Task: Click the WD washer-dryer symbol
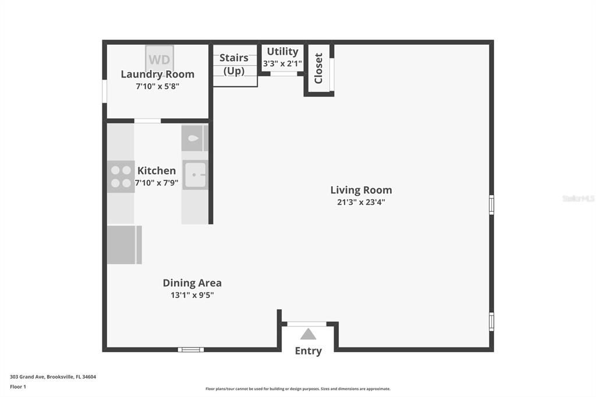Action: click(x=159, y=59)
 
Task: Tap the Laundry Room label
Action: click(x=157, y=74)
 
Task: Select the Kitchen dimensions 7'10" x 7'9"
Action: click(x=157, y=182)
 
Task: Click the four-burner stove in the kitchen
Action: click(x=120, y=176)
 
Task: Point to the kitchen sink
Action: click(x=194, y=175)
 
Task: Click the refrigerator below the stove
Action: click(x=124, y=244)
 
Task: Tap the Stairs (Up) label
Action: click(x=234, y=64)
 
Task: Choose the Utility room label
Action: click(x=282, y=51)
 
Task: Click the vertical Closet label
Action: click(x=318, y=68)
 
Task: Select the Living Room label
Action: click(x=361, y=190)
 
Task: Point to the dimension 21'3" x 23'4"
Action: click(x=361, y=203)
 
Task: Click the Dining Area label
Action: click(x=192, y=283)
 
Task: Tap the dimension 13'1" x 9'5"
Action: click(x=192, y=295)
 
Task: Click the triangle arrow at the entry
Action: click(x=308, y=334)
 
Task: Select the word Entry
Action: click(x=308, y=350)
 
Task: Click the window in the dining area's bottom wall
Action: click(x=191, y=349)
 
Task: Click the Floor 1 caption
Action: click(x=18, y=387)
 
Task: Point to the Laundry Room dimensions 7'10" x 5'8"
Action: click(x=157, y=86)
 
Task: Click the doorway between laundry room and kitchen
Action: click(x=147, y=121)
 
